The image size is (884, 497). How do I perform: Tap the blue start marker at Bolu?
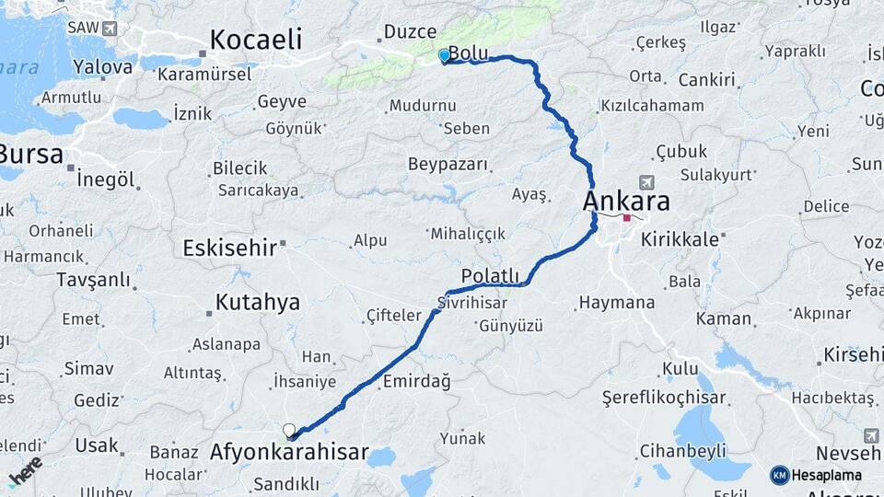[445, 55]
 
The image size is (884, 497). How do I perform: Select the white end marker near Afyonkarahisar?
[289, 430]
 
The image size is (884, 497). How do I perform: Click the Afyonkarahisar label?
[289, 453]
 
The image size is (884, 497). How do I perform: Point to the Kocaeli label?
[255, 40]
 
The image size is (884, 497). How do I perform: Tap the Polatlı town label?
[491, 276]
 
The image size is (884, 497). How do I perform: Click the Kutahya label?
[257, 302]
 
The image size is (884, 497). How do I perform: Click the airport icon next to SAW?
[111, 28]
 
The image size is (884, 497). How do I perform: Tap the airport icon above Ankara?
[646, 182]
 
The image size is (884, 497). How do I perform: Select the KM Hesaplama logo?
[816, 475]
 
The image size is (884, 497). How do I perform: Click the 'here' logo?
[25, 470]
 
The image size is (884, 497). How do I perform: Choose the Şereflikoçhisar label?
[663, 398]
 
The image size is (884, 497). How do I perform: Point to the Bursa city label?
[31, 153]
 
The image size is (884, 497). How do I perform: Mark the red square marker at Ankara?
[627, 218]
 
